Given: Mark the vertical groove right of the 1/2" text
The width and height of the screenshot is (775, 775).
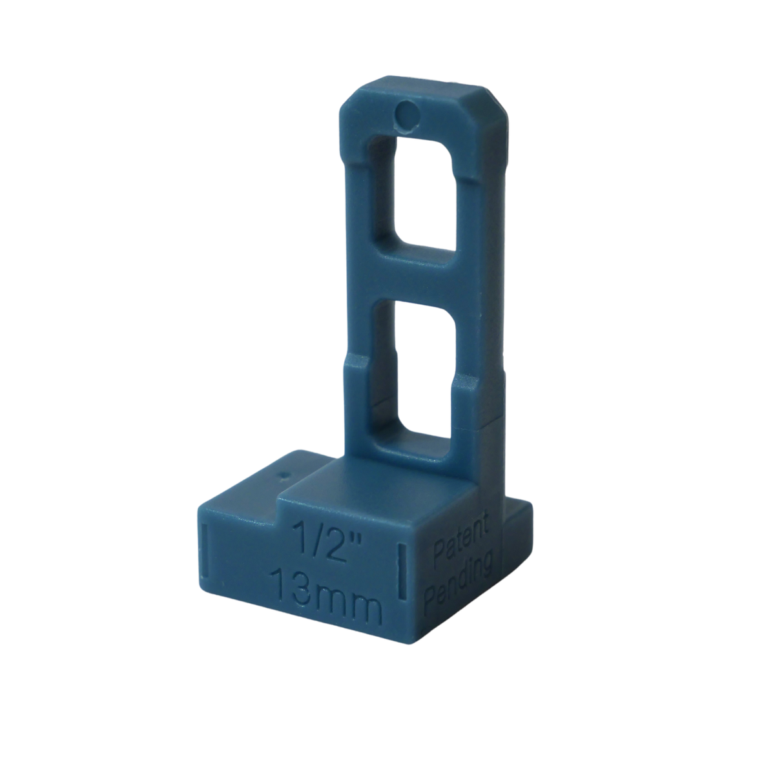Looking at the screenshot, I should [x=402, y=568].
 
